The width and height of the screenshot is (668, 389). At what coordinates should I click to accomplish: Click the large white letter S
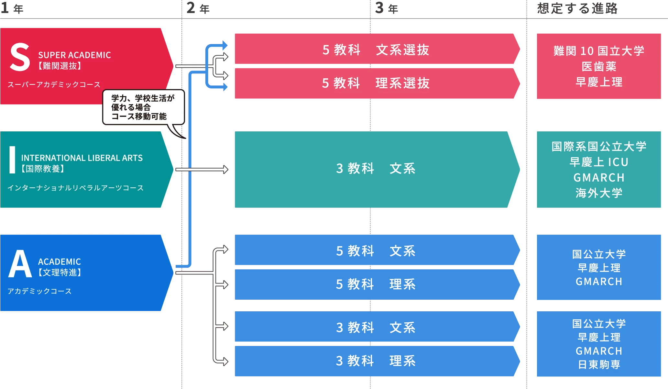coord(20,58)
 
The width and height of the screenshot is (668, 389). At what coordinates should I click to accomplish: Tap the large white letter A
coord(20,264)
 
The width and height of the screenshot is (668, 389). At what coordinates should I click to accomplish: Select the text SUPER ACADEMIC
coord(74,55)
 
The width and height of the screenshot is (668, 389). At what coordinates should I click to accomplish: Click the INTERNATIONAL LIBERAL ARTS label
coord(82,158)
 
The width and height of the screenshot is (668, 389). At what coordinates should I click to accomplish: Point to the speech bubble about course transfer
coord(143,107)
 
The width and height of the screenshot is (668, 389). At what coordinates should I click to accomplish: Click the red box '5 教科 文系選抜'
coord(375,50)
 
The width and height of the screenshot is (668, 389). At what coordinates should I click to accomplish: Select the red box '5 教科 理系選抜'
coord(375,83)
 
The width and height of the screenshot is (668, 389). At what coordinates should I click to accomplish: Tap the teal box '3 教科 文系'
coord(375,169)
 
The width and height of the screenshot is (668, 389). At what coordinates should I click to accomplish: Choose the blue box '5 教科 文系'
coord(375,251)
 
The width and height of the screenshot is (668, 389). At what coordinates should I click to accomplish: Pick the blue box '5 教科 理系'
coord(375,284)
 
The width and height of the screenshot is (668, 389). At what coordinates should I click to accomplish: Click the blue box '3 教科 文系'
coord(375,328)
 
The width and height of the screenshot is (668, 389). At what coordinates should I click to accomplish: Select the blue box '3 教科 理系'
coord(375,361)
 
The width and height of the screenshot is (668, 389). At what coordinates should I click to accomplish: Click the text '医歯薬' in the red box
coord(599,66)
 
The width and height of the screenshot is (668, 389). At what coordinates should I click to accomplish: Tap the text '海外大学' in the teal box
coord(599,193)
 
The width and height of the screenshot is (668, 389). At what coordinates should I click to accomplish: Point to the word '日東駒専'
coord(599,365)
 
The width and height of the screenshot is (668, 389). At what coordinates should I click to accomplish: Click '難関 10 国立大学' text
coord(599,51)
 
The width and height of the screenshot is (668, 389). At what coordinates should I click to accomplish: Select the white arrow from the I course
coord(202,169)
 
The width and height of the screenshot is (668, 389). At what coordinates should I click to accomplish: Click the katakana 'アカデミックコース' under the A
coord(39,291)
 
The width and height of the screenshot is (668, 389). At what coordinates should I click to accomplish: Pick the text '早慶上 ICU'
coord(599,162)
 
